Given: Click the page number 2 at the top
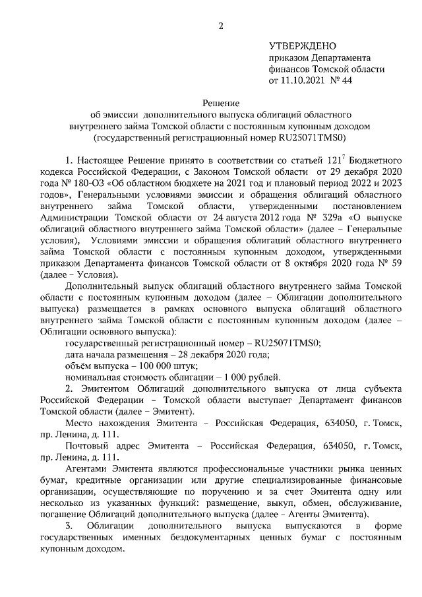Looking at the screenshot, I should click(x=222, y=26).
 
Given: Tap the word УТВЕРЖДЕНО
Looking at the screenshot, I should click(x=303, y=46).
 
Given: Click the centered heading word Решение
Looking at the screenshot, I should click(x=221, y=103).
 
